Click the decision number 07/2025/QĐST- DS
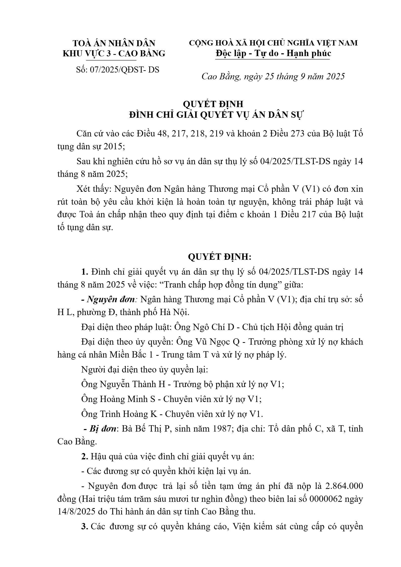pos(125,70)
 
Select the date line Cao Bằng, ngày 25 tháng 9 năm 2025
pos(273,77)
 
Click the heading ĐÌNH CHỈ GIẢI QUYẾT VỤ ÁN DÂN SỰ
pos(216,115)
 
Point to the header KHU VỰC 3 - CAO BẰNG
pos(114,54)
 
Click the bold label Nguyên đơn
pos(111,300)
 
